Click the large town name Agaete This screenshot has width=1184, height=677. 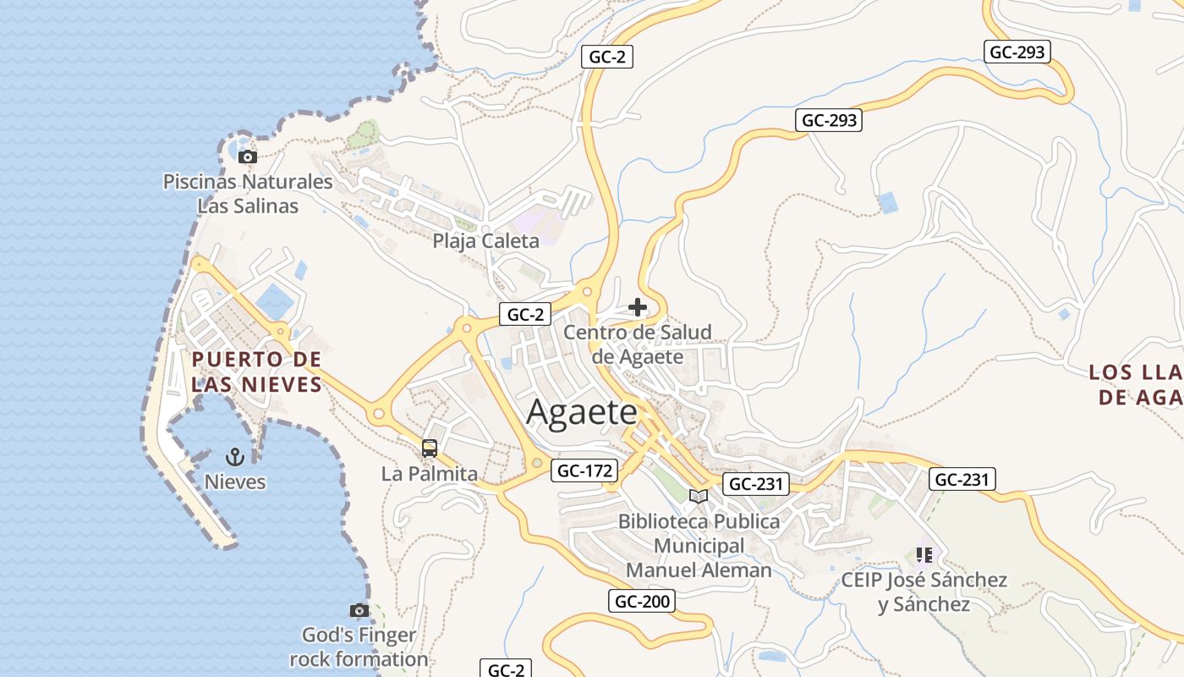[x=582, y=412]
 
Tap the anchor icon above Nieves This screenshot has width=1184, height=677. [x=235, y=458]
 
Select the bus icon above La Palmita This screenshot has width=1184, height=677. [x=430, y=449]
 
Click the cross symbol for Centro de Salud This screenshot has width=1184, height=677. [x=638, y=307]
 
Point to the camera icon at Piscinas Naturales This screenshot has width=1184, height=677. [x=247, y=157]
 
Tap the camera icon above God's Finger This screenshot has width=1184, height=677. [x=359, y=610]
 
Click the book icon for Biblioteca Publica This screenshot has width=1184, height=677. [x=699, y=496]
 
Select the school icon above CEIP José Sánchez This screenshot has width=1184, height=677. [x=924, y=555]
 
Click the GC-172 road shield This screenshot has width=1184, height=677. [x=584, y=471]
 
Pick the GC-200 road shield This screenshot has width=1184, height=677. [x=642, y=602]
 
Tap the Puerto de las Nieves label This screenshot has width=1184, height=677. [x=257, y=372]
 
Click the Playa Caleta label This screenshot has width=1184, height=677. [x=485, y=241]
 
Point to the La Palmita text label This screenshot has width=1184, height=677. [x=430, y=474]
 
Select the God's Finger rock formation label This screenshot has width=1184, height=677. [x=359, y=647]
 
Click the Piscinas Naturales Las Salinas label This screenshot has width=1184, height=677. [x=248, y=194]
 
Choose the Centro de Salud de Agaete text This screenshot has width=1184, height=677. [x=638, y=344]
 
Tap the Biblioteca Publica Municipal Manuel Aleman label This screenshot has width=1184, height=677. [x=699, y=546]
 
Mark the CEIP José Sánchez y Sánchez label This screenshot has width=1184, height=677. [x=924, y=592]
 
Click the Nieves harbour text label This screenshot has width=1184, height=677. [x=235, y=482]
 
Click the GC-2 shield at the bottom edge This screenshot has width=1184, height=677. [x=507, y=669]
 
